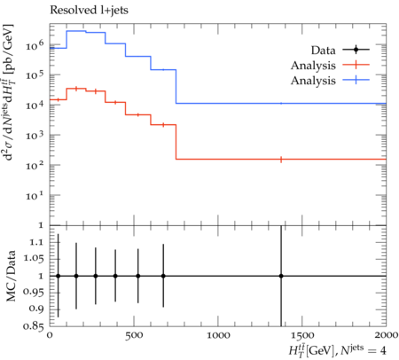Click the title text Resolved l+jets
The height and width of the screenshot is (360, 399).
[89, 11]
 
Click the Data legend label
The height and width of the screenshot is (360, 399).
[323, 51]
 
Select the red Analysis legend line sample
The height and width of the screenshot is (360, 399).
[356, 65]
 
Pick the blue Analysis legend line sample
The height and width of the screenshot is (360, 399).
[356, 80]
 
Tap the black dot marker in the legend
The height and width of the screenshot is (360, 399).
[356, 50]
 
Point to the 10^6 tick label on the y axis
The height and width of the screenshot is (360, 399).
[35, 45]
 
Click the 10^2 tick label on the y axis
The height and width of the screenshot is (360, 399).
[35, 166]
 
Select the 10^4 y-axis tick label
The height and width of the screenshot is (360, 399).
[35, 106]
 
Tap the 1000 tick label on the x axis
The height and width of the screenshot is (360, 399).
[218, 335]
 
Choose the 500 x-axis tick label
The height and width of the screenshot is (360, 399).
[134, 335]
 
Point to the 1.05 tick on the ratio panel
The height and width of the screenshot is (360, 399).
[33, 259]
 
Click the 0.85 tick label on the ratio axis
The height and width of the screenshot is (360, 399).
[33, 326]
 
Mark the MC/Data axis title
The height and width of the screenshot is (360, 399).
[11, 276]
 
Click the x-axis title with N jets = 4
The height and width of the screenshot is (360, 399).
[338, 351]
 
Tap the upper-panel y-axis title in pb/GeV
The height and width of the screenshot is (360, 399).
[10, 92]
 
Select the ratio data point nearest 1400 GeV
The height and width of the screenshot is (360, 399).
[281, 276]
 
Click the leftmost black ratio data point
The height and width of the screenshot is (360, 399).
[59, 276]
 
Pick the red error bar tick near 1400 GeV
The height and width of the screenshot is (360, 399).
[281, 160]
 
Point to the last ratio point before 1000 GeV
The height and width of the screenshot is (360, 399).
[163, 276]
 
